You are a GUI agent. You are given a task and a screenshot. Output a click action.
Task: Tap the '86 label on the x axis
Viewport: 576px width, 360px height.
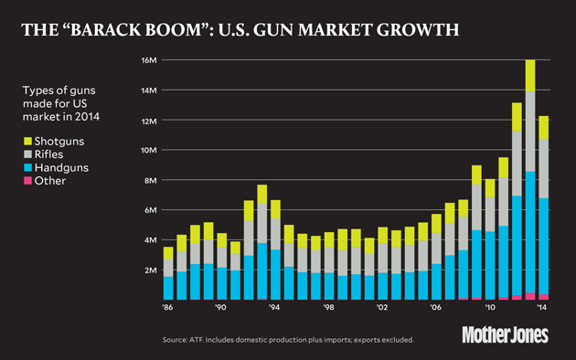click(168, 309)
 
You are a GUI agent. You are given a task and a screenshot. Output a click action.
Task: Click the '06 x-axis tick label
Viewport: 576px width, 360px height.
click(436, 309)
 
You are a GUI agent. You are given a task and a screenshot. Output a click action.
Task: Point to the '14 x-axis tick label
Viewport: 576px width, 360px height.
click(543, 309)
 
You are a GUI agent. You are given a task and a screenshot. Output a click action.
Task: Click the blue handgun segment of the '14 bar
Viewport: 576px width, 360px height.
click(543, 247)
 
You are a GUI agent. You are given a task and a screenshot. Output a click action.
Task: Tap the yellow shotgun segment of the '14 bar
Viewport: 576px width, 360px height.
click(543, 127)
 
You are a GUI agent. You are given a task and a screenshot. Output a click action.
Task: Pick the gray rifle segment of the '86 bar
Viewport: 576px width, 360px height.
click(168, 267)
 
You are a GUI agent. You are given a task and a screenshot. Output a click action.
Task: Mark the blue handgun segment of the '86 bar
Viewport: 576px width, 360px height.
click(168, 288)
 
